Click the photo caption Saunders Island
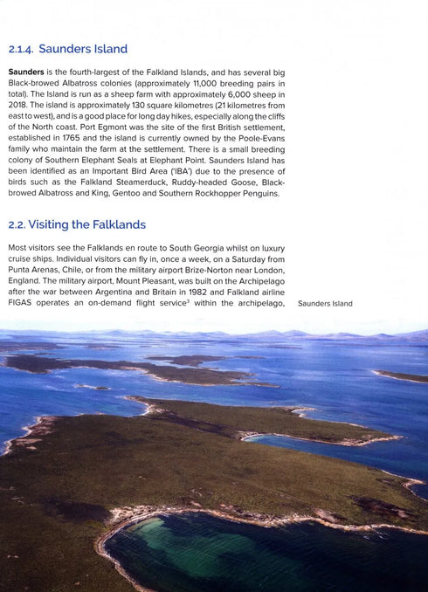tap(325, 304)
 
